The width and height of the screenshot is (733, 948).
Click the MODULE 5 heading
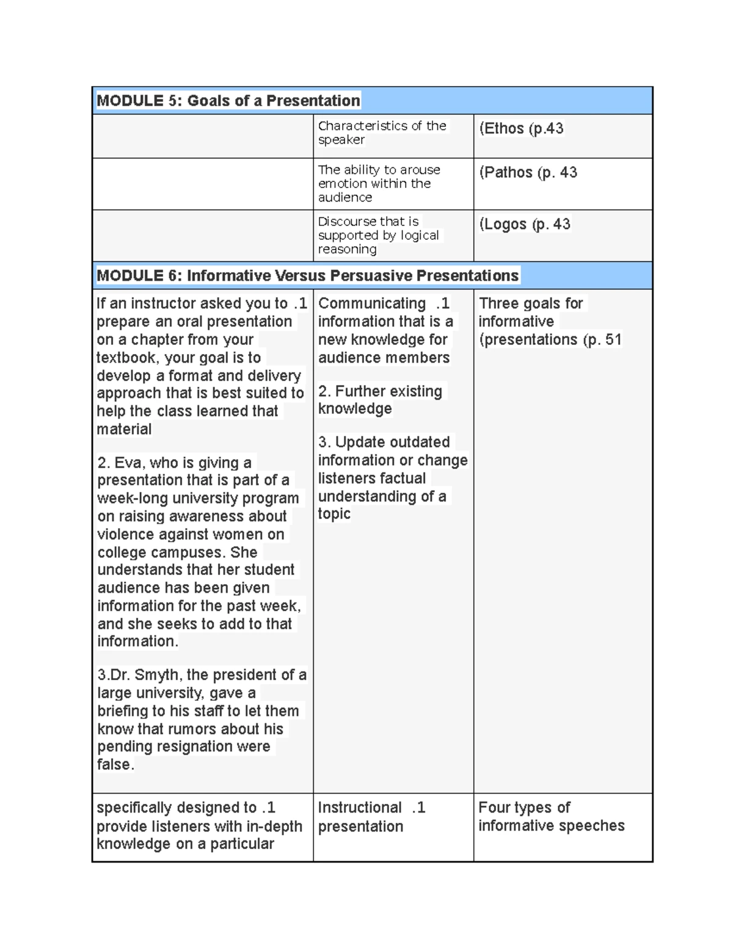[228, 101]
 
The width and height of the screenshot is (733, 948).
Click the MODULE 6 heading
[308, 276]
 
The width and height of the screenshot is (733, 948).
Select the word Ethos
[504, 129]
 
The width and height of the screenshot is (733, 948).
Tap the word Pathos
[508, 173]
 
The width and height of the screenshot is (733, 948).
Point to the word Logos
[506, 225]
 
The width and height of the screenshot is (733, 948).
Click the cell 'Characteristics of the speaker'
[382, 133]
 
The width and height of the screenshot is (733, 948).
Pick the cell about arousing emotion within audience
[379, 184]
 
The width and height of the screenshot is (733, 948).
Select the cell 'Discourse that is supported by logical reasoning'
[378, 236]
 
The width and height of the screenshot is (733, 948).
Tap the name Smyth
[158, 675]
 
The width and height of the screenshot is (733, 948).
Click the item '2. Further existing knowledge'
[380, 400]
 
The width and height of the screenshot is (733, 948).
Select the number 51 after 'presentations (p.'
[613, 340]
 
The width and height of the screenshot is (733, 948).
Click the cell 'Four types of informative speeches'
[551, 817]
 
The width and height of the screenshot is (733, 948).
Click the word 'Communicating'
[372, 304]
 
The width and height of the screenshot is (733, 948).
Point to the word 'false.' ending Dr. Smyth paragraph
[115, 765]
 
